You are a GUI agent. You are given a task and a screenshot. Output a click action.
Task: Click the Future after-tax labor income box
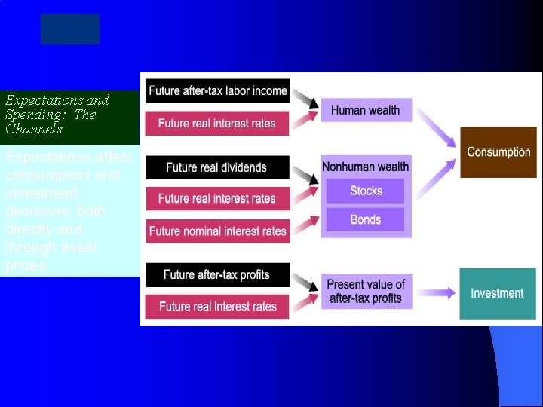[217, 91]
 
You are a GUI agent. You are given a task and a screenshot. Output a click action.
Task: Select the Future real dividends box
[217, 167]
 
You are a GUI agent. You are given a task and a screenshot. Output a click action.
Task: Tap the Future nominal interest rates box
[217, 231]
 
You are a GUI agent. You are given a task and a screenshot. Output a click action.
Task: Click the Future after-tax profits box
[217, 275]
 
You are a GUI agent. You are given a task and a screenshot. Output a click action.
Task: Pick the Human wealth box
[366, 110]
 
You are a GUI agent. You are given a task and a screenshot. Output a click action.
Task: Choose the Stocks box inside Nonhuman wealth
[366, 191]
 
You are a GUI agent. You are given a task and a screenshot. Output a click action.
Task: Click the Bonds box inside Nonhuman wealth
[366, 220]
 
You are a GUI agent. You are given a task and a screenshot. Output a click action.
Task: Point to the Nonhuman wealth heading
[366, 167]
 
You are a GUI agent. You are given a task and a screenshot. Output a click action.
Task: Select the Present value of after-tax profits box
[366, 292]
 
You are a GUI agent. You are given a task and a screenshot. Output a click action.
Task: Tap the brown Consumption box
[499, 152]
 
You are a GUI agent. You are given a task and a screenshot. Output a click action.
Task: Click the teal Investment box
[497, 293]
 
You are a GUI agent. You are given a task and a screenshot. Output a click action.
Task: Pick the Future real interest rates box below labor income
[217, 124]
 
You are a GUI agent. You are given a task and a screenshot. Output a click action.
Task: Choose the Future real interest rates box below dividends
[217, 199]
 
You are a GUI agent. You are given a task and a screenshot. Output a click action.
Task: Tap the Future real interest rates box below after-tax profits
[217, 307]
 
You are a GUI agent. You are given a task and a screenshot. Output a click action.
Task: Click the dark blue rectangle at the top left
[70, 29]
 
